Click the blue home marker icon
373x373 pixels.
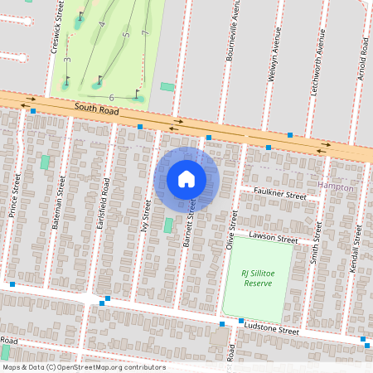pos(186,179)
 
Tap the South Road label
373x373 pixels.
pos(97,108)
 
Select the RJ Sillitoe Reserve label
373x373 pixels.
pos(257,278)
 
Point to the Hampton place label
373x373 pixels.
pos(336,187)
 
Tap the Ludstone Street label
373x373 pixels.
pos(271,329)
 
